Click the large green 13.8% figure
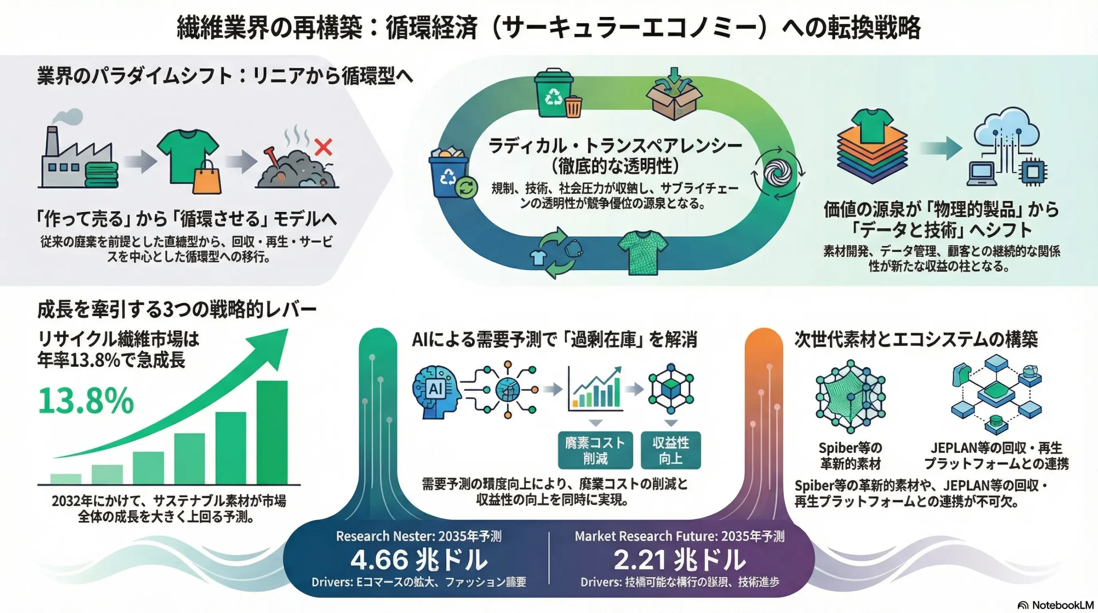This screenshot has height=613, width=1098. (x=86, y=401)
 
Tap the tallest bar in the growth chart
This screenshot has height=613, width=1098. (x=272, y=432)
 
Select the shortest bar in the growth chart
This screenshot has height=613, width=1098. (x=66, y=479)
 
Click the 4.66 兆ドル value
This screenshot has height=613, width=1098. (x=419, y=560)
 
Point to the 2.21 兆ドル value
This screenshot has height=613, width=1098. (x=679, y=560)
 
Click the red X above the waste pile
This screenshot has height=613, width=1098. (x=323, y=147)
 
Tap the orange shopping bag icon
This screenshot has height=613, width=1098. (x=207, y=179)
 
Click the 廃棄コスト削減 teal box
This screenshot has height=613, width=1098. (x=595, y=450)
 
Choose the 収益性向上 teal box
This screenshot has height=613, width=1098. (x=670, y=450)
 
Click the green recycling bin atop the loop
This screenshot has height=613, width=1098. (x=554, y=94)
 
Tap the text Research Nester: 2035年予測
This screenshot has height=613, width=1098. (x=419, y=536)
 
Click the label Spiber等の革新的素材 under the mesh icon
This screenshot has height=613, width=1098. (x=850, y=456)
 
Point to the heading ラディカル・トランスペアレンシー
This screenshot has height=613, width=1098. (x=615, y=146)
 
